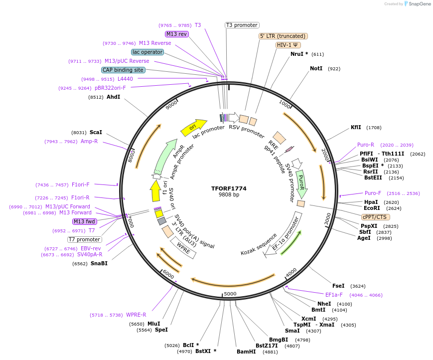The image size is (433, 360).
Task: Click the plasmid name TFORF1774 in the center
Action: click(229, 188)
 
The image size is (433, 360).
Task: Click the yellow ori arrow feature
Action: click(193, 128)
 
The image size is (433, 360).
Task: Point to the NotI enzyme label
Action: click(316, 68)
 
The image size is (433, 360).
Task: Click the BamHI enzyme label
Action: click(246, 352)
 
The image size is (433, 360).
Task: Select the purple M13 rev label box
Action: click(177, 34)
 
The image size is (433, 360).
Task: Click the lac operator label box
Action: click(147, 52)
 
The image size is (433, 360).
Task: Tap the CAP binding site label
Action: click(123, 70)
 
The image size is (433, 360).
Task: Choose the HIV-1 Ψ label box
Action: click(288, 45)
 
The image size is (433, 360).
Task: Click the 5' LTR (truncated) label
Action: click(283, 36)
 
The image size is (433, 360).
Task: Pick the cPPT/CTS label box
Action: click(375, 217)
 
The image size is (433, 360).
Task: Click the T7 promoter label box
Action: click(85, 239)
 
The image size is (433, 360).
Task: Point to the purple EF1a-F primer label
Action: click(334, 295)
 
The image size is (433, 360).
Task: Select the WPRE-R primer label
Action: click(136, 315)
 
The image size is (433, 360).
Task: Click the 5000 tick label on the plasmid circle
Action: click(230, 294)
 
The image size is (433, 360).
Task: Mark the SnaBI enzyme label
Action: click(99, 263)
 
